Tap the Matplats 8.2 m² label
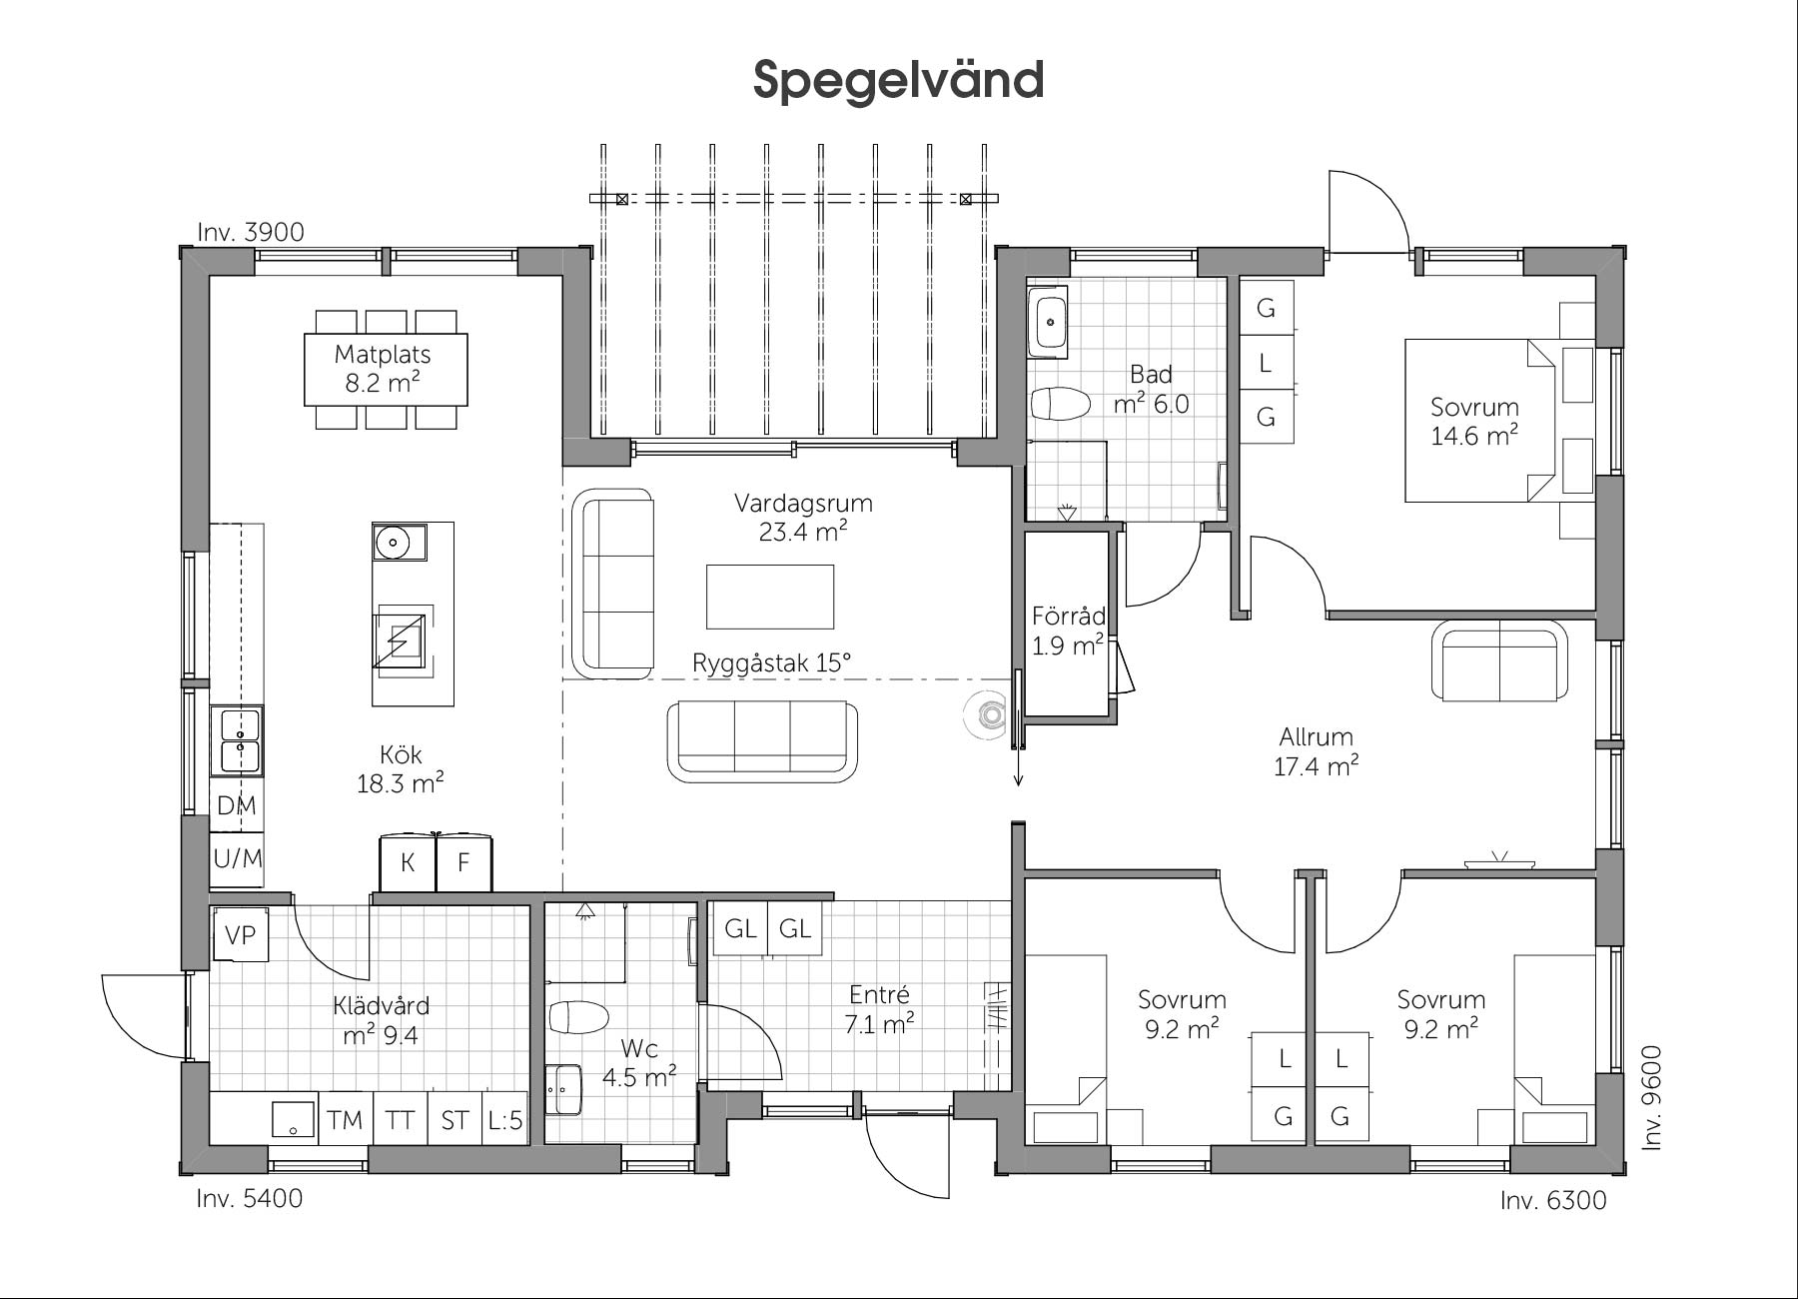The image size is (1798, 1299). (x=383, y=368)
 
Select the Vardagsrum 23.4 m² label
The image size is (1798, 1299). (x=803, y=517)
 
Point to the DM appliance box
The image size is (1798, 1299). (x=237, y=805)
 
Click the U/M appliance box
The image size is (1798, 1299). (x=237, y=858)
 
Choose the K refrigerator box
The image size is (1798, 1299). (x=408, y=862)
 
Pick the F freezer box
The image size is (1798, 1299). (x=463, y=862)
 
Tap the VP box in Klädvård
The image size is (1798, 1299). (x=240, y=934)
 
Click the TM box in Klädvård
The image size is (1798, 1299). (x=345, y=1118)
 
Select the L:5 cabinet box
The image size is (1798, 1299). (x=505, y=1118)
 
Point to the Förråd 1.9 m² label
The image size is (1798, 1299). (x=1068, y=631)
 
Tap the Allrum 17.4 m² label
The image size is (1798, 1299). (x=1316, y=751)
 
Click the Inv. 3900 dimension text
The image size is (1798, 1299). (x=251, y=232)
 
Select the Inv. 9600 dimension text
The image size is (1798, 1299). (x=1652, y=1097)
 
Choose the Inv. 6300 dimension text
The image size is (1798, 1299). (x=1553, y=1200)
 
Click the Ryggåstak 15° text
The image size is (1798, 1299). (x=771, y=662)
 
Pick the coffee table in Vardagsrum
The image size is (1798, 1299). (x=770, y=597)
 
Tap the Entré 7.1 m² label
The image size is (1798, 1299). (x=880, y=1009)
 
